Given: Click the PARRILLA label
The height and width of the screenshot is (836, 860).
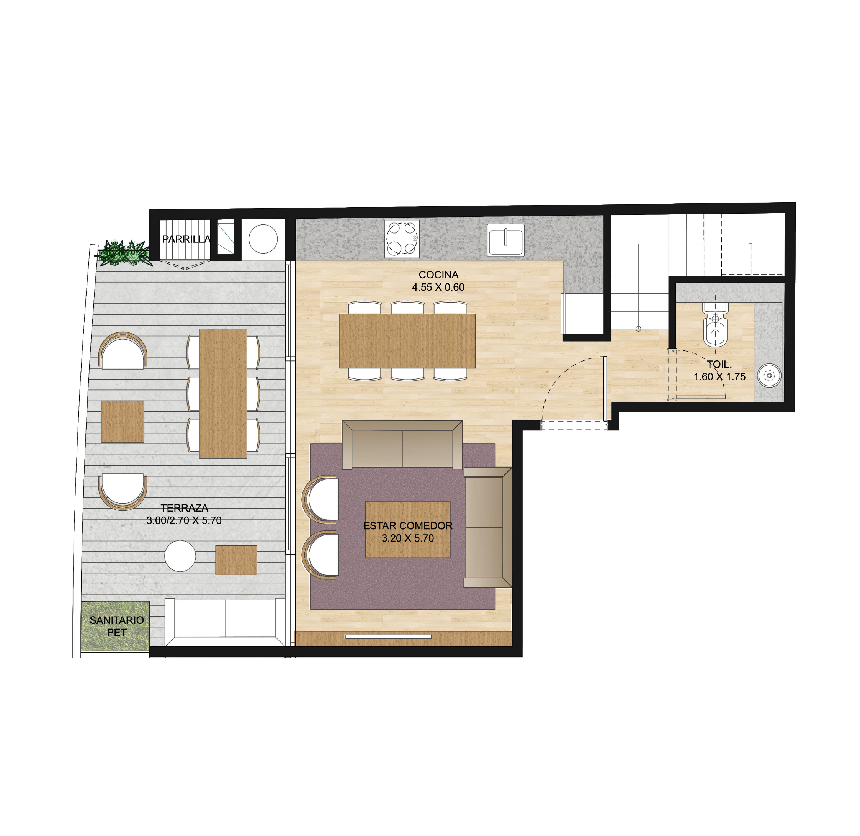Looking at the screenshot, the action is coord(186,239).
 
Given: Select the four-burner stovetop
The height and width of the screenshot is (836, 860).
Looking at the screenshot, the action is coord(402,239).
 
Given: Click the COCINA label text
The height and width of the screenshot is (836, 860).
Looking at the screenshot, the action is coord(438,275).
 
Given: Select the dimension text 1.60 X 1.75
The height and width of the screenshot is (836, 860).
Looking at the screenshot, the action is coord(719,377).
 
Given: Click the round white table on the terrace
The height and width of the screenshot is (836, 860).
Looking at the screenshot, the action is coord(180,556).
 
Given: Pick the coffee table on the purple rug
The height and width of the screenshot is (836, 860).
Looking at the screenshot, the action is coord(408,530).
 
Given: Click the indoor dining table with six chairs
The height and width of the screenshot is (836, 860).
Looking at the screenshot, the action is coord(407,341).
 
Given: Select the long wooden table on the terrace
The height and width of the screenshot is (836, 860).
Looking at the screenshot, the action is coord(223,394).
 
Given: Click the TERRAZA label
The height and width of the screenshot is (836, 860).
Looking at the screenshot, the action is coord(185,508).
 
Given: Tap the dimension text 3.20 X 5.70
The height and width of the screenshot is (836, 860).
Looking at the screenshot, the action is coord(408,538).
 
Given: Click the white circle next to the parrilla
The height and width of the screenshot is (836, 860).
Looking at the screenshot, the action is coord(263,239).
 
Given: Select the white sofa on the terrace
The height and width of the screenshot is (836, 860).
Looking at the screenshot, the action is coord(225,622).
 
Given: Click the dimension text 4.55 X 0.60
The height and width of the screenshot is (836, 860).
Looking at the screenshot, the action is coord(438,287).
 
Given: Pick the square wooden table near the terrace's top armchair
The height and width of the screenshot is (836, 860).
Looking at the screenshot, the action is coord(123,422).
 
